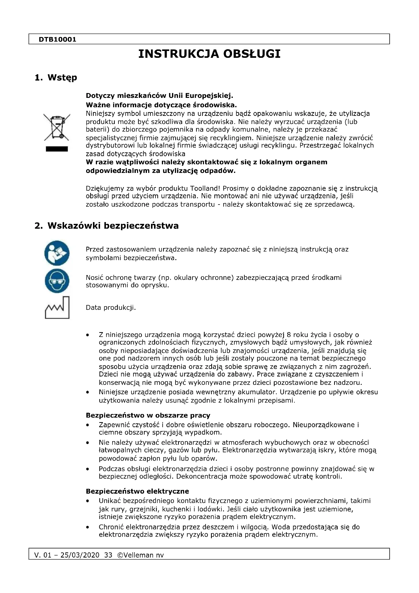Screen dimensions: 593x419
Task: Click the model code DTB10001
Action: click(x=57, y=40)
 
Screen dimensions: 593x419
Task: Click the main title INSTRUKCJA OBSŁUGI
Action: click(x=209, y=54)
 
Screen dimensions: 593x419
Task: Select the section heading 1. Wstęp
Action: click(x=56, y=78)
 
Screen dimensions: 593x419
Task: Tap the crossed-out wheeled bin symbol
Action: click(x=57, y=127)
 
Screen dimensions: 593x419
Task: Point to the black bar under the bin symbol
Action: click(x=57, y=149)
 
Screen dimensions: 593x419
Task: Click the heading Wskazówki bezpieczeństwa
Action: click(x=113, y=226)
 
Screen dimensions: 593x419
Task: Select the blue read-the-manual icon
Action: click(x=57, y=253)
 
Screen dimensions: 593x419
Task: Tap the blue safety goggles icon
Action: click(x=57, y=281)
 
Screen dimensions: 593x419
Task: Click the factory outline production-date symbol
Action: click(x=57, y=308)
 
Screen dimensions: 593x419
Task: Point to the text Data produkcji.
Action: click(x=111, y=308)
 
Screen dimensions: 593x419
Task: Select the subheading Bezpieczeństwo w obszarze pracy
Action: click(x=148, y=415)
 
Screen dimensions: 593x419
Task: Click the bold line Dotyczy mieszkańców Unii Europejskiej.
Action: click(x=159, y=96)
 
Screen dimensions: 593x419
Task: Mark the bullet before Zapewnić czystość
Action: click(x=88, y=425)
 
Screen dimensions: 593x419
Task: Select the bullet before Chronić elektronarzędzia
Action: click(x=88, y=527)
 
